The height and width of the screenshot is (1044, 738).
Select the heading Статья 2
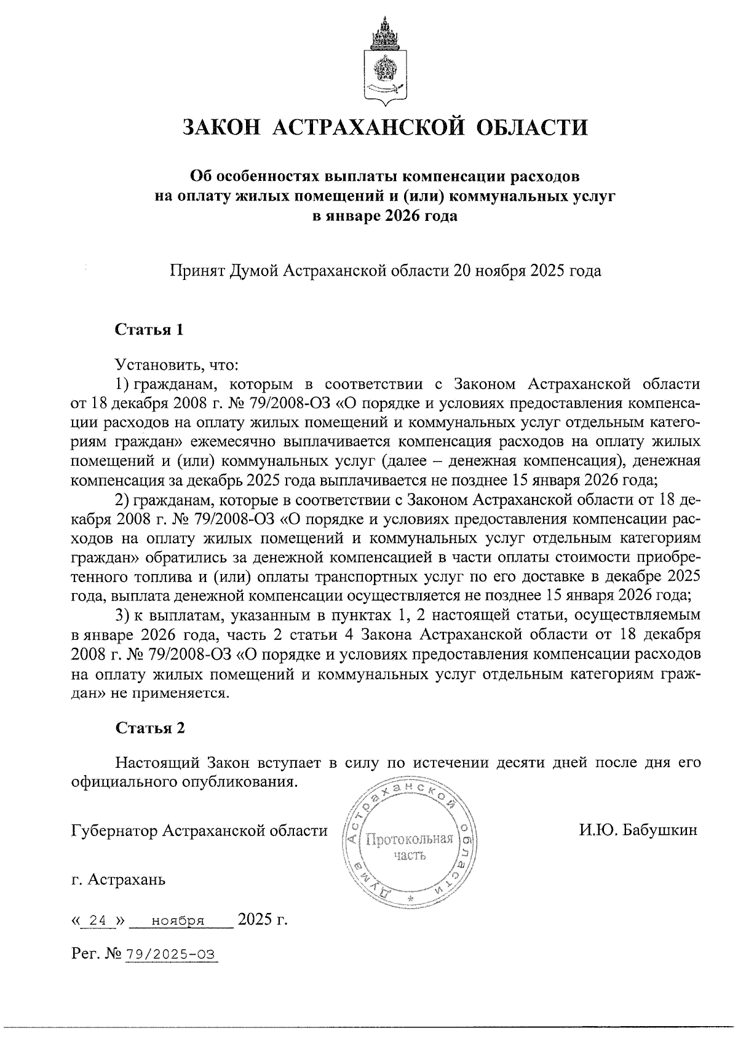pos(150,728)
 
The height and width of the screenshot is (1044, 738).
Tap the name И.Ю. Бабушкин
pos(638,831)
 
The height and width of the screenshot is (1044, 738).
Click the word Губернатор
pos(115,831)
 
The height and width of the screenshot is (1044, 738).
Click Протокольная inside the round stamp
pos(409,839)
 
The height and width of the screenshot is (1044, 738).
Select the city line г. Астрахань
pos(118,879)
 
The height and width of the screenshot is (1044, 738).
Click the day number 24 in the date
pos(98,921)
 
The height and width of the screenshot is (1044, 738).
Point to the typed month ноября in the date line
pos(178,921)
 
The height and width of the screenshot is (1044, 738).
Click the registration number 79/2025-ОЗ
pos(170,954)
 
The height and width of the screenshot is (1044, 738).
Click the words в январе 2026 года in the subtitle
pos(385,216)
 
